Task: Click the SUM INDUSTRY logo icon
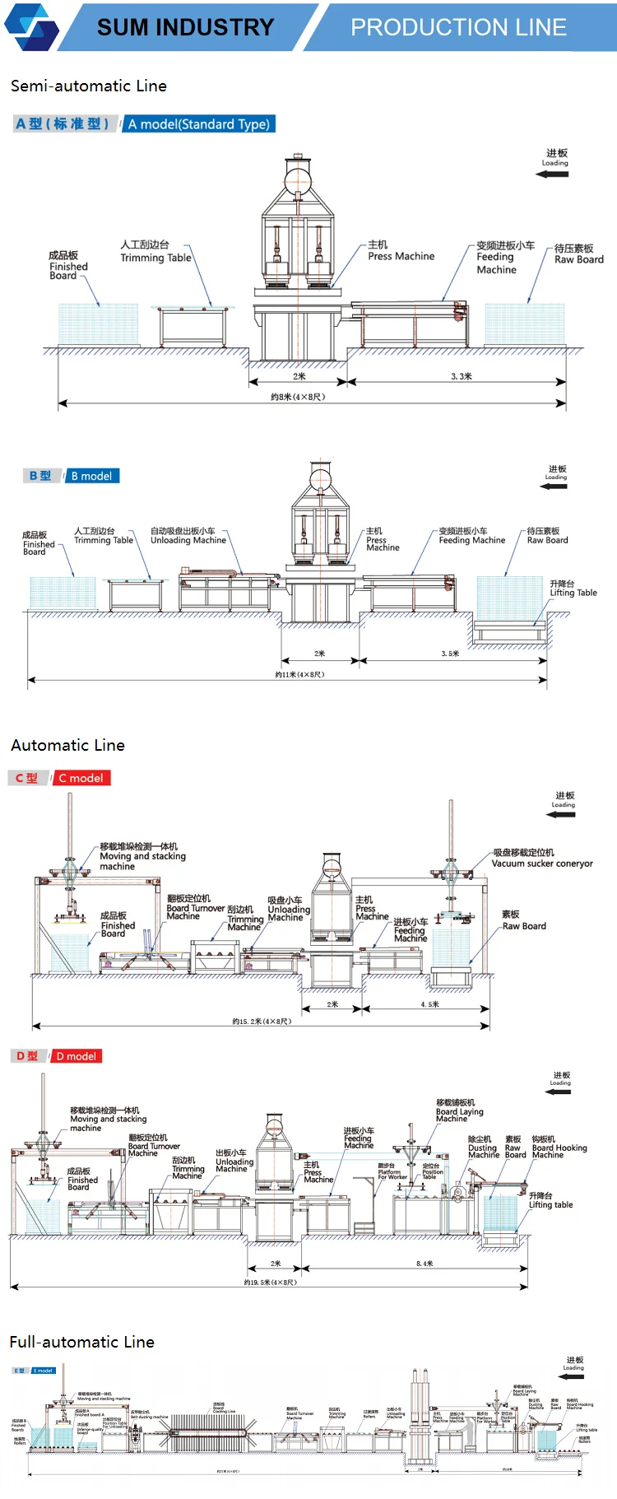[x=32, y=26]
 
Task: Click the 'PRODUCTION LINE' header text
[x=458, y=27]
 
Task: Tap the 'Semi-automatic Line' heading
[x=89, y=86]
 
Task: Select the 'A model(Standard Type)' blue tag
[x=199, y=124]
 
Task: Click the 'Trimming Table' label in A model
[x=155, y=258]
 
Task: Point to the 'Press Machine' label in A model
[x=401, y=256]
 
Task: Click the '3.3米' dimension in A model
[x=461, y=376]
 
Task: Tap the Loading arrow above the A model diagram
[x=553, y=174]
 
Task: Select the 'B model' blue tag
[x=91, y=476]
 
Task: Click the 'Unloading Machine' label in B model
[x=188, y=540]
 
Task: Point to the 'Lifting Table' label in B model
[x=573, y=593]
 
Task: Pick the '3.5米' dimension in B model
[x=450, y=654]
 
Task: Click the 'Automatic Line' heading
[x=68, y=745]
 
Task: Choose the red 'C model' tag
[x=81, y=778]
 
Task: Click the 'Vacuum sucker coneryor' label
[x=542, y=864]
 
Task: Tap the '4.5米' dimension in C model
[x=430, y=1004]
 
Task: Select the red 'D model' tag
[x=77, y=1056]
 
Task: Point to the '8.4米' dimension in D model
[x=424, y=1264]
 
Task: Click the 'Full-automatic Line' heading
[x=82, y=1342]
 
